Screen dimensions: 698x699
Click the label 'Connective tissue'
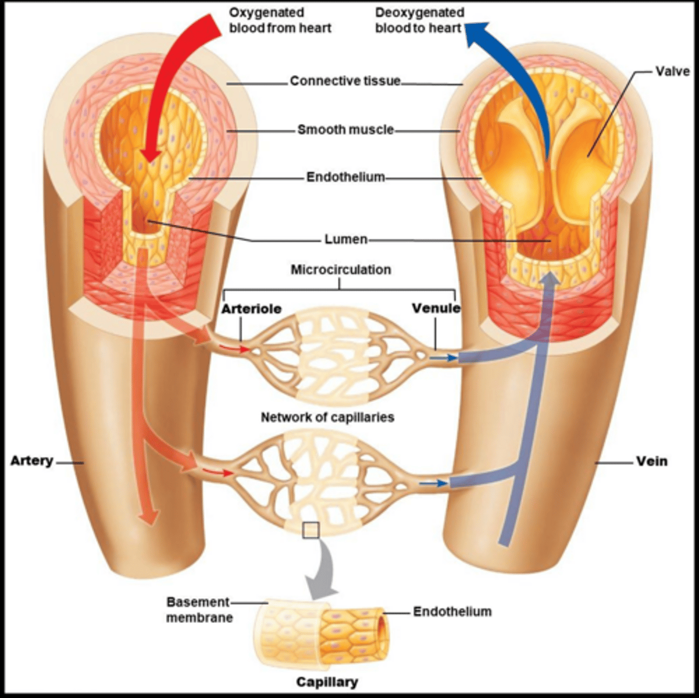[345, 81]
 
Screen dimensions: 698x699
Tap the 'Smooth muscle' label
[345, 129]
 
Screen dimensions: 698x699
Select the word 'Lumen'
[345, 239]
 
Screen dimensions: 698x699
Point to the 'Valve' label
[672, 72]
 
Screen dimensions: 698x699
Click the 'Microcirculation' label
[341, 269]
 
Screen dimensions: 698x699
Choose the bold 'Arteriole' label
[251, 308]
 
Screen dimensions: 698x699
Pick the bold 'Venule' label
[436, 308]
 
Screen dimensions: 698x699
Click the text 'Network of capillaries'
[327, 417]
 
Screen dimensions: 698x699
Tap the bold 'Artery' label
[32, 461]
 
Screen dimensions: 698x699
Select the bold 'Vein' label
[652, 461]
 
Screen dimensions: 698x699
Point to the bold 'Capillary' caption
[327, 682]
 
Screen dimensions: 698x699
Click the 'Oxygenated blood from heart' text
[280, 20]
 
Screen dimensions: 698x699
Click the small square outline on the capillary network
[311, 530]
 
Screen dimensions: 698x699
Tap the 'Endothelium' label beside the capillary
[452, 611]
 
